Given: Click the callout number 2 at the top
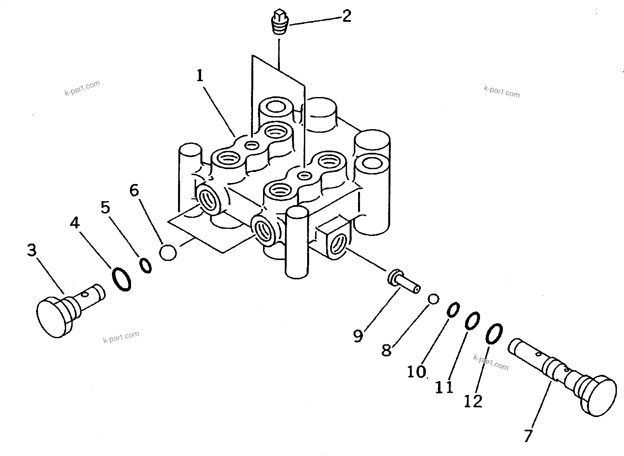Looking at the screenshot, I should [x=346, y=16].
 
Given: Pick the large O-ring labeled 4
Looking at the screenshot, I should [x=122, y=279].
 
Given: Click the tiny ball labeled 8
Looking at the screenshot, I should [x=433, y=299].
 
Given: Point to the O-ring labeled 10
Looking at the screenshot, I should [x=453, y=309].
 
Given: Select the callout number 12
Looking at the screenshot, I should [x=473, y=401].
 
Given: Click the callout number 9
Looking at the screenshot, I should [x=358, y=336].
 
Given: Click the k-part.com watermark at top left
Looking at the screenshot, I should [x=82, y=88].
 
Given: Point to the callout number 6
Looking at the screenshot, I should [x=134, y=190].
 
